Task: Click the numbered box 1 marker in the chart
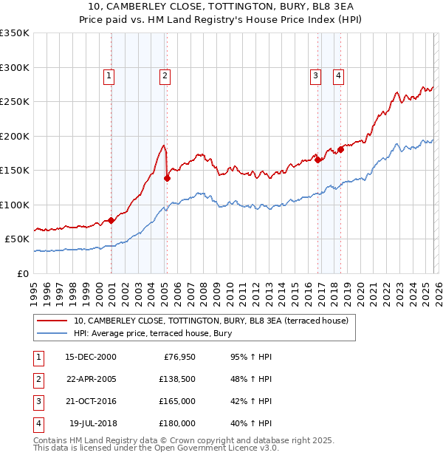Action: [x=109, y=75]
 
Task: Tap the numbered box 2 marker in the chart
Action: [x=164, y=75]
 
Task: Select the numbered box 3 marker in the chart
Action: [x=315, y=75]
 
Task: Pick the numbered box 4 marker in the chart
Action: [x=338, y=75]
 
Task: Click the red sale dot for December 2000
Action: [x=111, y=220]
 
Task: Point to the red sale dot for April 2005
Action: [x=168, y=178]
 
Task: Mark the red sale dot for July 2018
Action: [x=340, y=150]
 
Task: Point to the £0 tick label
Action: [x=22, y=273]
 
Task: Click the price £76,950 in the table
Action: [x=178, y=357]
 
